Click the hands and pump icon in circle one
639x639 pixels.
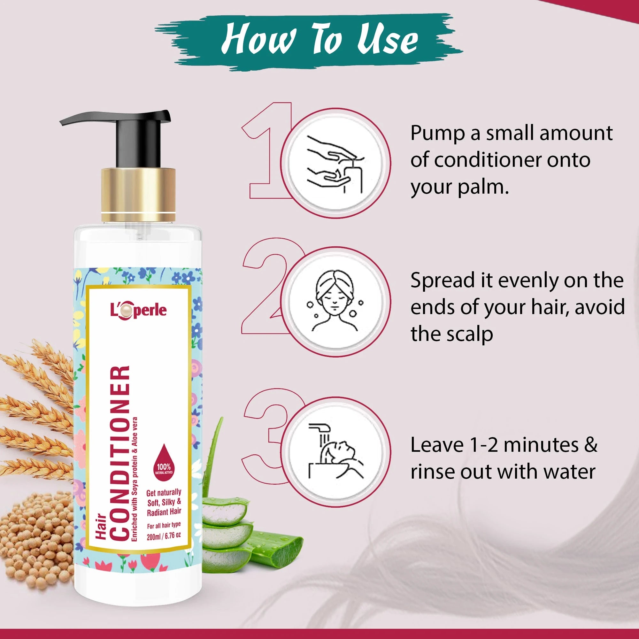[337, 164]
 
